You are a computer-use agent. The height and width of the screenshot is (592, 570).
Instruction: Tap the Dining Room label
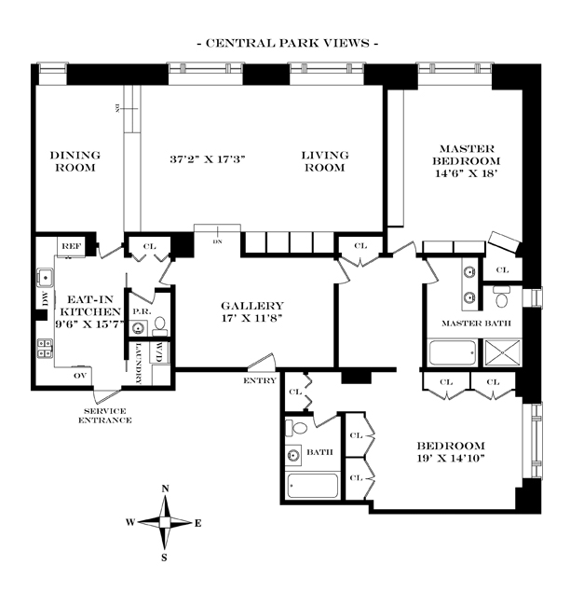tap(75, 162)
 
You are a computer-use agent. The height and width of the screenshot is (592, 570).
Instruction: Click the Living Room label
tap(325, 161)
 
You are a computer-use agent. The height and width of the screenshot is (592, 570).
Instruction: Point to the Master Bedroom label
tap(468, 160)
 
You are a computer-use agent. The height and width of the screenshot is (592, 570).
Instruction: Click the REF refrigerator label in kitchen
tap(72, 246)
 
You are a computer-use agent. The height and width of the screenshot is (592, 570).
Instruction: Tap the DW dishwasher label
tap(43, 297)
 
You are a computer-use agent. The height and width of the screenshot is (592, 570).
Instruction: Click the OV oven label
tap(80, 375)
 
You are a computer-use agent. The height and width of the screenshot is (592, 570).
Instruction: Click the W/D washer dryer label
tap(160, 353)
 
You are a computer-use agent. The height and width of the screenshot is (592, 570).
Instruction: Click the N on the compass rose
tap(166, 489)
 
